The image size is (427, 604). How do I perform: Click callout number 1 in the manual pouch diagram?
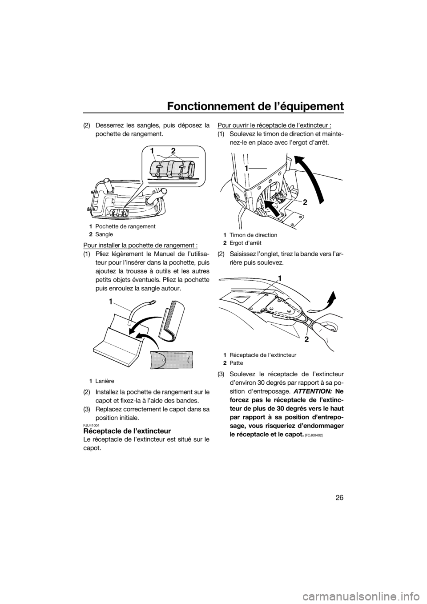point(109,301)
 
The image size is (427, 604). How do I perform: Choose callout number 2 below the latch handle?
point(294,339)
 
